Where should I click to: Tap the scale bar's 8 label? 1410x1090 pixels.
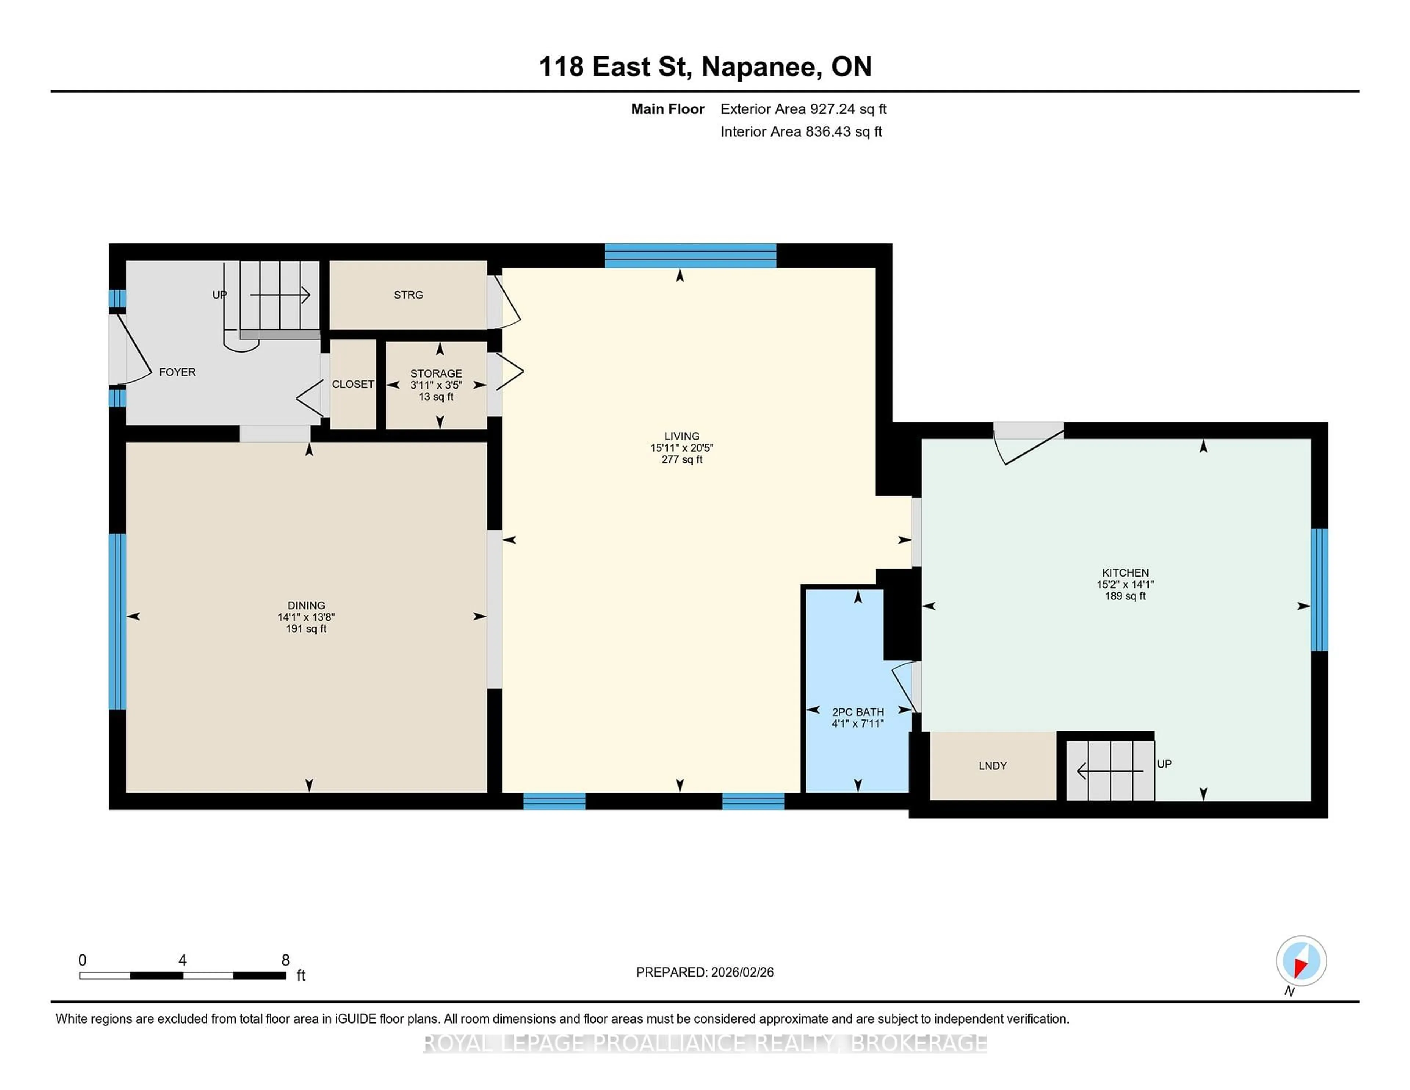285,960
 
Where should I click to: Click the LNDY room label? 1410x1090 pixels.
992,766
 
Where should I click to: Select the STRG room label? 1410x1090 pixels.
408,295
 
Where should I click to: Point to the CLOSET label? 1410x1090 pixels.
352,384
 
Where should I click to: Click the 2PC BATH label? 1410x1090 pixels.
857,712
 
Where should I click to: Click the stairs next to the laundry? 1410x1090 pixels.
1109,770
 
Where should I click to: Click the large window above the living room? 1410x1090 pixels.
690,256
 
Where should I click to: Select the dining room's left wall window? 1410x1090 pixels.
117,621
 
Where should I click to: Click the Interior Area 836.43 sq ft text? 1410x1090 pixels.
800,132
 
